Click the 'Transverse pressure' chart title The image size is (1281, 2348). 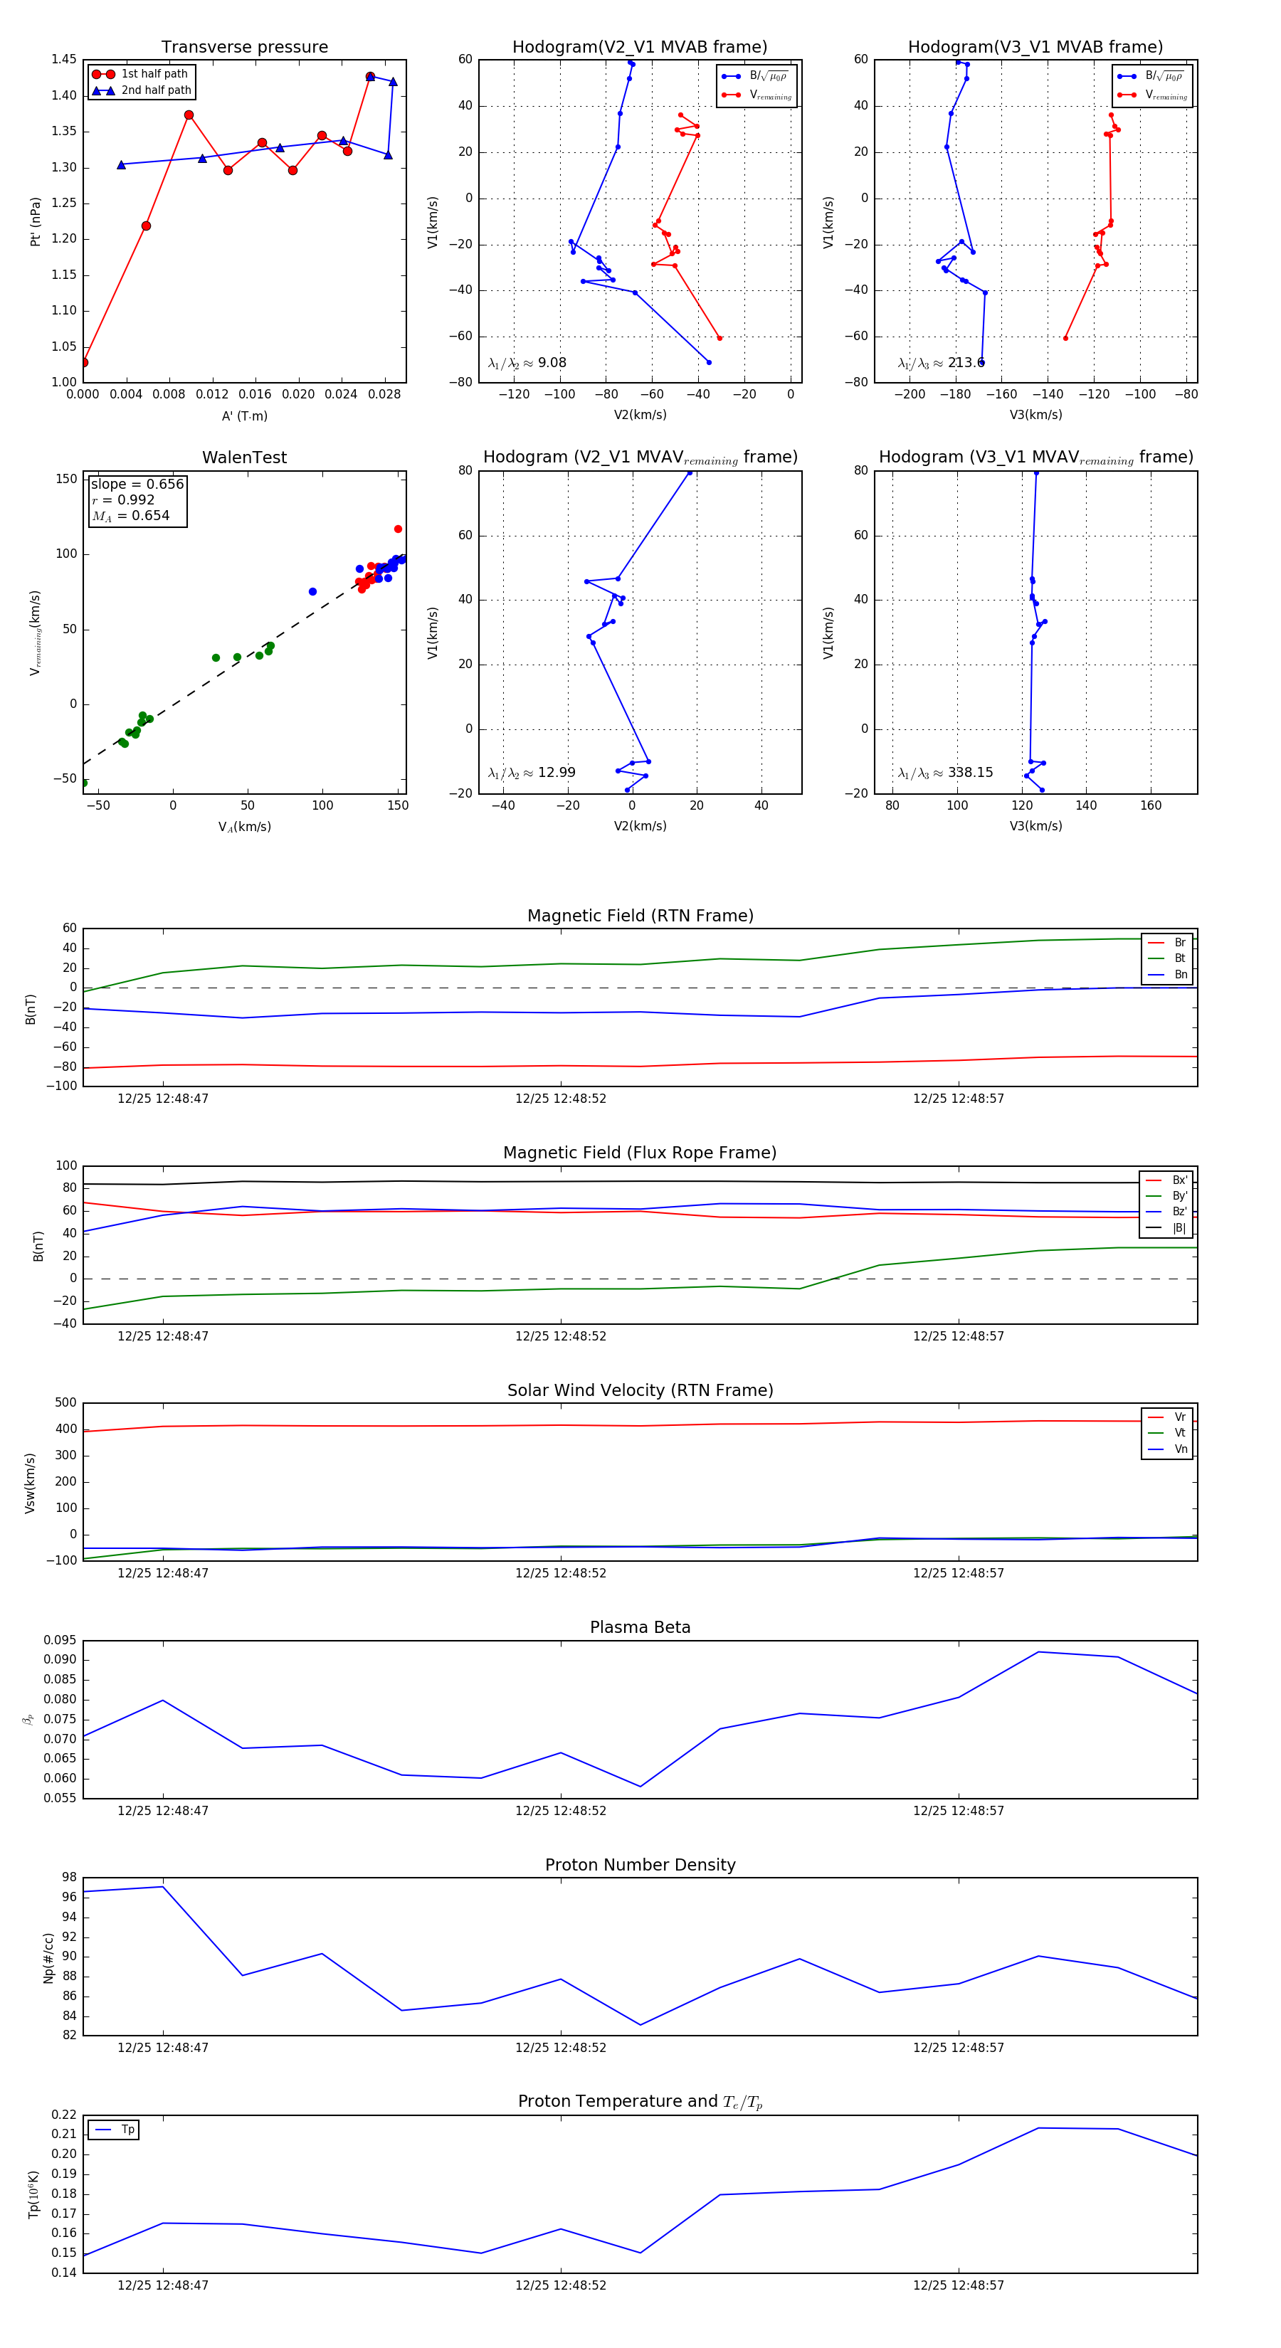click(244, 48)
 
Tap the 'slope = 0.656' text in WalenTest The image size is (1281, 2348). click(137, 484)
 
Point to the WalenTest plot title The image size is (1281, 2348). click(244, 458)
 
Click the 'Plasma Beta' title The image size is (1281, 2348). click(640, 1628)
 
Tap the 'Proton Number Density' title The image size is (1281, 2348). click(640, 1865)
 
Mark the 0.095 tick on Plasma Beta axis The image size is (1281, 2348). click(60, 1641)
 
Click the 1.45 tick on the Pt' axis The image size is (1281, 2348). click(64, 59)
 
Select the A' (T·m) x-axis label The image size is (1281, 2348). click(244, 416)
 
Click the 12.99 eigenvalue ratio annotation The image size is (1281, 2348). click(532, 773)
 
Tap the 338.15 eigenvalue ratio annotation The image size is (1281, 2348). click(946, 773)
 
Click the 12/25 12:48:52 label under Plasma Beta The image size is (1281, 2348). click(561, 1811)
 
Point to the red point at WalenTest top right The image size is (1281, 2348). click(398, 529)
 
